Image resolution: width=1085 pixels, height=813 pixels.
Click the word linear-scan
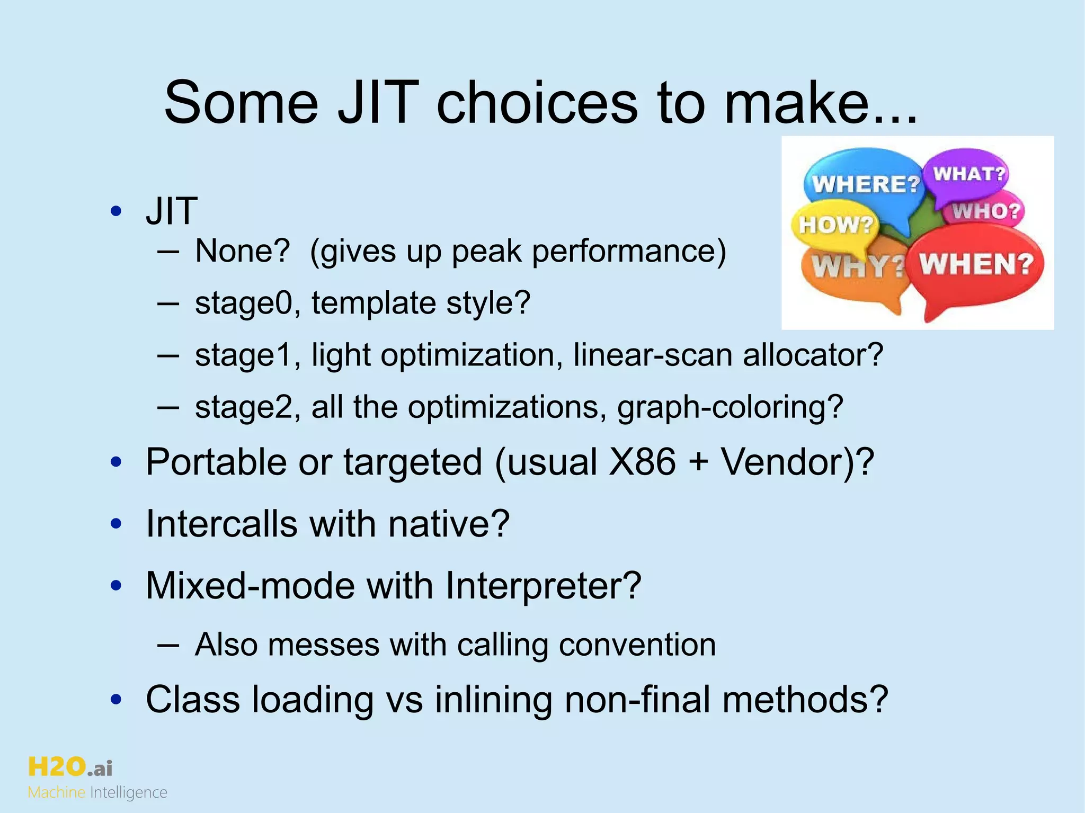tap(652, 355)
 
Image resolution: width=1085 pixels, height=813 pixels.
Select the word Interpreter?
tap(543, 586)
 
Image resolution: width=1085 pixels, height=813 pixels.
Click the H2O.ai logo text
tap(70, 767)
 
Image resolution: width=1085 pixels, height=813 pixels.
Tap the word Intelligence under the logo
tap(128, 792)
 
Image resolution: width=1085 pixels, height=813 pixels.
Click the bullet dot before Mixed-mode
tap(116, 586)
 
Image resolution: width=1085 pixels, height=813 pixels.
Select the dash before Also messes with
tap(167, 645)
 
